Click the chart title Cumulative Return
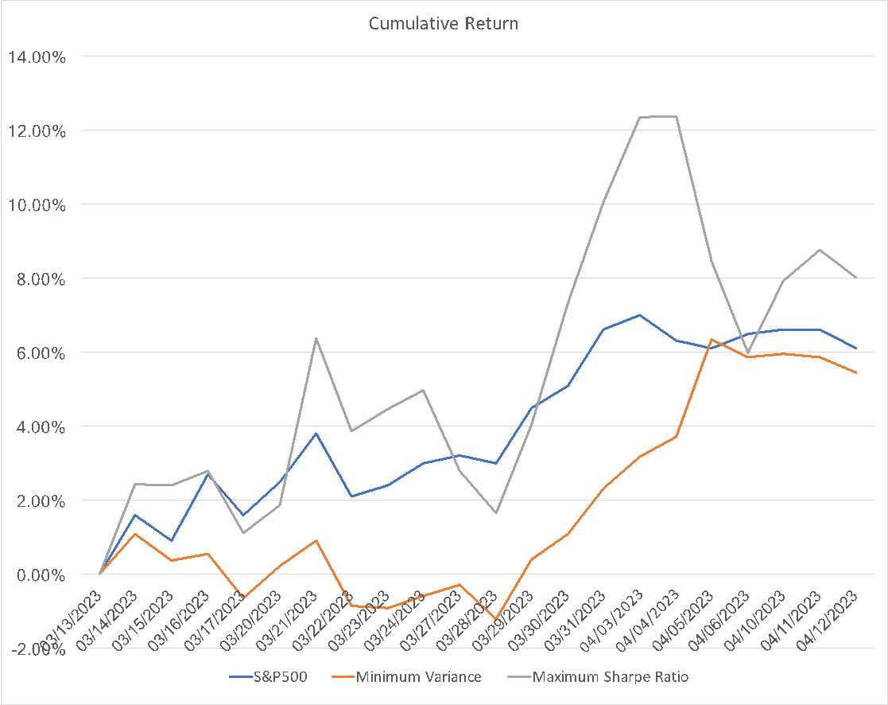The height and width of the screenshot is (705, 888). point(443,24)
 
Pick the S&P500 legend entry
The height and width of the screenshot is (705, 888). point(269,677)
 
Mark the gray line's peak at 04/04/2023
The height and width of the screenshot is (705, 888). point(676,116)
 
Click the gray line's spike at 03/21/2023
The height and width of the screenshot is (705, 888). point(316,338)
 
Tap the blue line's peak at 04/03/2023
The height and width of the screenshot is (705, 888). point(640,315)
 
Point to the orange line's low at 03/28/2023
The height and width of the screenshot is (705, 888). point(495,619)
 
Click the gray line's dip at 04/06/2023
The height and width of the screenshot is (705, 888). point(747,352)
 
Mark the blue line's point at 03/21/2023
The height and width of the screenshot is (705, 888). point(316,434)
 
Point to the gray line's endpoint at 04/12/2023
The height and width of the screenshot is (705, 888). point(856,278)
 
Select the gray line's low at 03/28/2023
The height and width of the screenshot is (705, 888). point(495,512)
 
